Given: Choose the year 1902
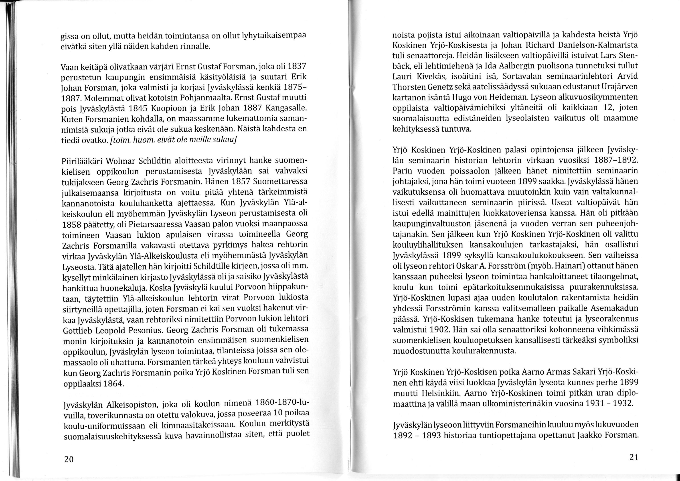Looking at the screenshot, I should (x=446, y=330).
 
